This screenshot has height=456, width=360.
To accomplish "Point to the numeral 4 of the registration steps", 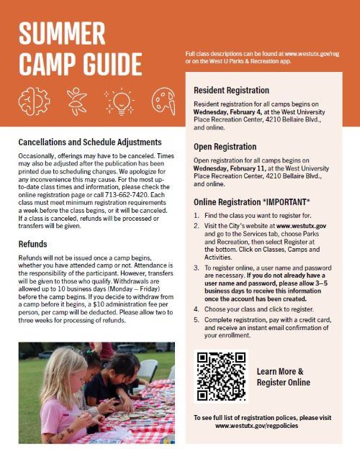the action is pos(197,309).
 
